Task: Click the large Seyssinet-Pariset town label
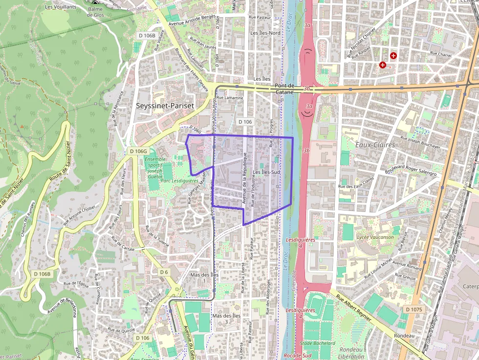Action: click(165, 106)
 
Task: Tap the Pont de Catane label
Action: click(284, 88)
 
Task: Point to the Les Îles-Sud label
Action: click(266, 172)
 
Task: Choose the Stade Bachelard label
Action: click(318, 343)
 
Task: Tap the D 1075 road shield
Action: click(414, 310)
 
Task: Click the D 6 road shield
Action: click(164, 272)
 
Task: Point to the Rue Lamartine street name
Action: click(230, 98)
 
